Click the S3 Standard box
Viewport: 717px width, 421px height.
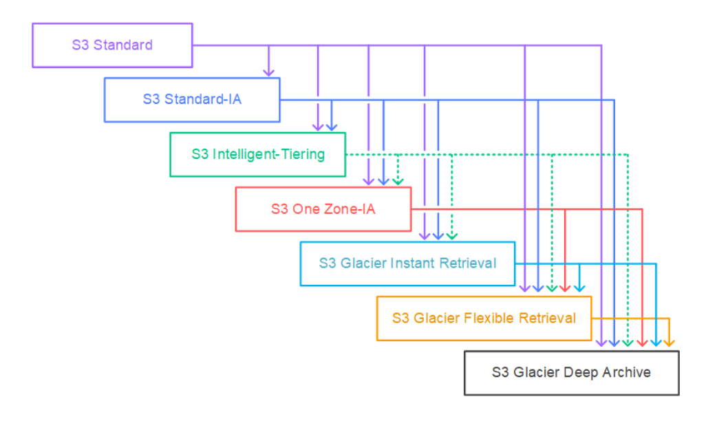pyautogui.click(x=112, y=45)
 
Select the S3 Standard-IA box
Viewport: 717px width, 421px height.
pyautogui.click(x=192, y=100)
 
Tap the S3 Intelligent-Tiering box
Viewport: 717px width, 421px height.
pyautogui.click(x=257, y=154)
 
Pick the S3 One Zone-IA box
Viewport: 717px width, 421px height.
pyautogui.click(x=323, y=209)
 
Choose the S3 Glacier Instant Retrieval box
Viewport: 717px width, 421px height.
pyautogui.click(x=407, y=263)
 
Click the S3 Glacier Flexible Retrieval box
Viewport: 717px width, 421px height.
pyautogui.click(x=484, y=319)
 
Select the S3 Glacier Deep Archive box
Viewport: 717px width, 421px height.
pyautogui.click(x=571, y=373)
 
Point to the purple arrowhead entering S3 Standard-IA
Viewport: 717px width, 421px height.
pyautogui.click(x=269, y=72)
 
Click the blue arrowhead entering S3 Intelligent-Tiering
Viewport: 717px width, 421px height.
pyautogui.click(x=331, y=126)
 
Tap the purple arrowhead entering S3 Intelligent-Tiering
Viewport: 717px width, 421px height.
pyautogui.click(x=318, y=126)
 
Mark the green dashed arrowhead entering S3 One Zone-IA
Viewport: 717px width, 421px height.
pyautogui.click(x=398, y=181)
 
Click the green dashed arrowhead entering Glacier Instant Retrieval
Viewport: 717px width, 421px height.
pyautogui.click(x=451, y=235)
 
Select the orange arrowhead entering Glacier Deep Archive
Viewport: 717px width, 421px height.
pyautogui.click(x=670, y=341)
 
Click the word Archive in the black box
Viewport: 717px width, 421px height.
pyautogui.click(x=626, y=373)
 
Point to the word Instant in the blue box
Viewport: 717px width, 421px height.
pyautogui.click(x=413, y=263)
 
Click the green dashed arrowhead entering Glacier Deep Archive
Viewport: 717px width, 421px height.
pyautogui.click(x=628, y=341)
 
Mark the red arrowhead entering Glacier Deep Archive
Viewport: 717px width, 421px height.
pyautogui.click(x=642, y=341)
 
